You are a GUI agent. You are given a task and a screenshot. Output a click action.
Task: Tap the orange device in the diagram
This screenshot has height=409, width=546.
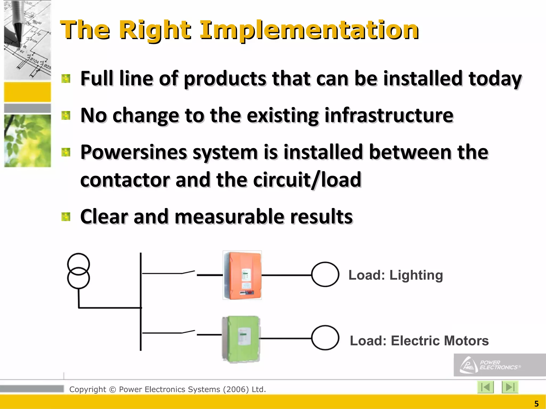[242, 275]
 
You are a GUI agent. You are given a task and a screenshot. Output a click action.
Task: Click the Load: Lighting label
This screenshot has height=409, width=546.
[396, 275]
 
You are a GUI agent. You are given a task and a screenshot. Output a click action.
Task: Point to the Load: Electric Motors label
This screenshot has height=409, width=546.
[419, 341]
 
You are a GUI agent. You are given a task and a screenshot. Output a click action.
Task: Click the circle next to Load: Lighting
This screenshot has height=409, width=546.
[325, 274]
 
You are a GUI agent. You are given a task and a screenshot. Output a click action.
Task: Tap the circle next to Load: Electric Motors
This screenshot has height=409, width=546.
[325, 338]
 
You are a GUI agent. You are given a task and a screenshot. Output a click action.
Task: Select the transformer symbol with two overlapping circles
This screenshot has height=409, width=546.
[78, 271]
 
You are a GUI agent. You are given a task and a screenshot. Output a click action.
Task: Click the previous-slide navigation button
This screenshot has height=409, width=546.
[485, 387]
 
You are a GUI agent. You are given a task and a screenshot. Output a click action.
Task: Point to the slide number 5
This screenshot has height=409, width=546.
[536, 404]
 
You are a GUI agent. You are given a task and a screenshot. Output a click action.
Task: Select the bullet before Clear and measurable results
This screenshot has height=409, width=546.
[66, 217]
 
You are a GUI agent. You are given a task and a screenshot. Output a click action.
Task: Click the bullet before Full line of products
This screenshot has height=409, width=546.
[66, 79]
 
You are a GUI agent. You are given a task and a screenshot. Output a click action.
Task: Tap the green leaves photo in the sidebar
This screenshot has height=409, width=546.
[27, 141]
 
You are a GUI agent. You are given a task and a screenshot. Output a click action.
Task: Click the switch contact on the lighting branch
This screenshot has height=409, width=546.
[189, 272]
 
